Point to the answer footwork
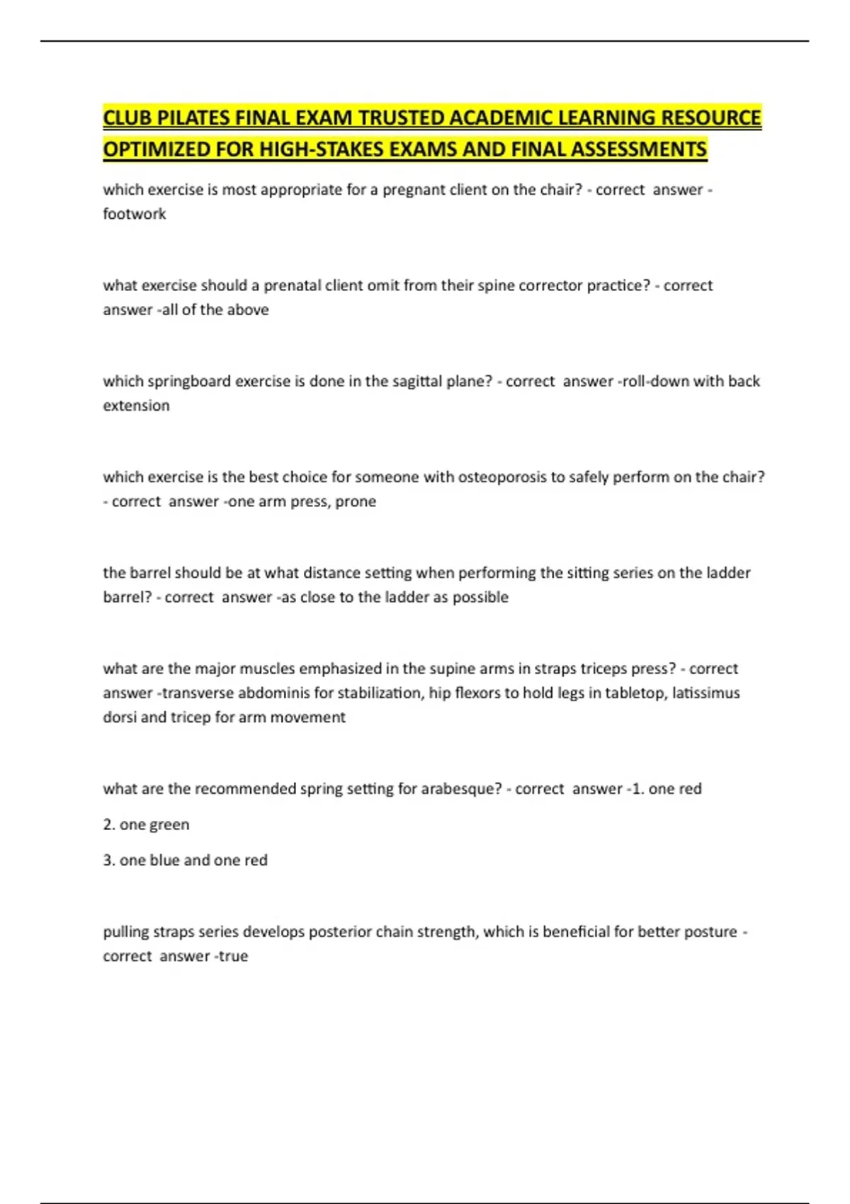click(x=135, y=214)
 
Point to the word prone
click(x=357, y=501)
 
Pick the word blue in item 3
click(x=164, y=860)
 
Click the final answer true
click(x=233, y=956)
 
